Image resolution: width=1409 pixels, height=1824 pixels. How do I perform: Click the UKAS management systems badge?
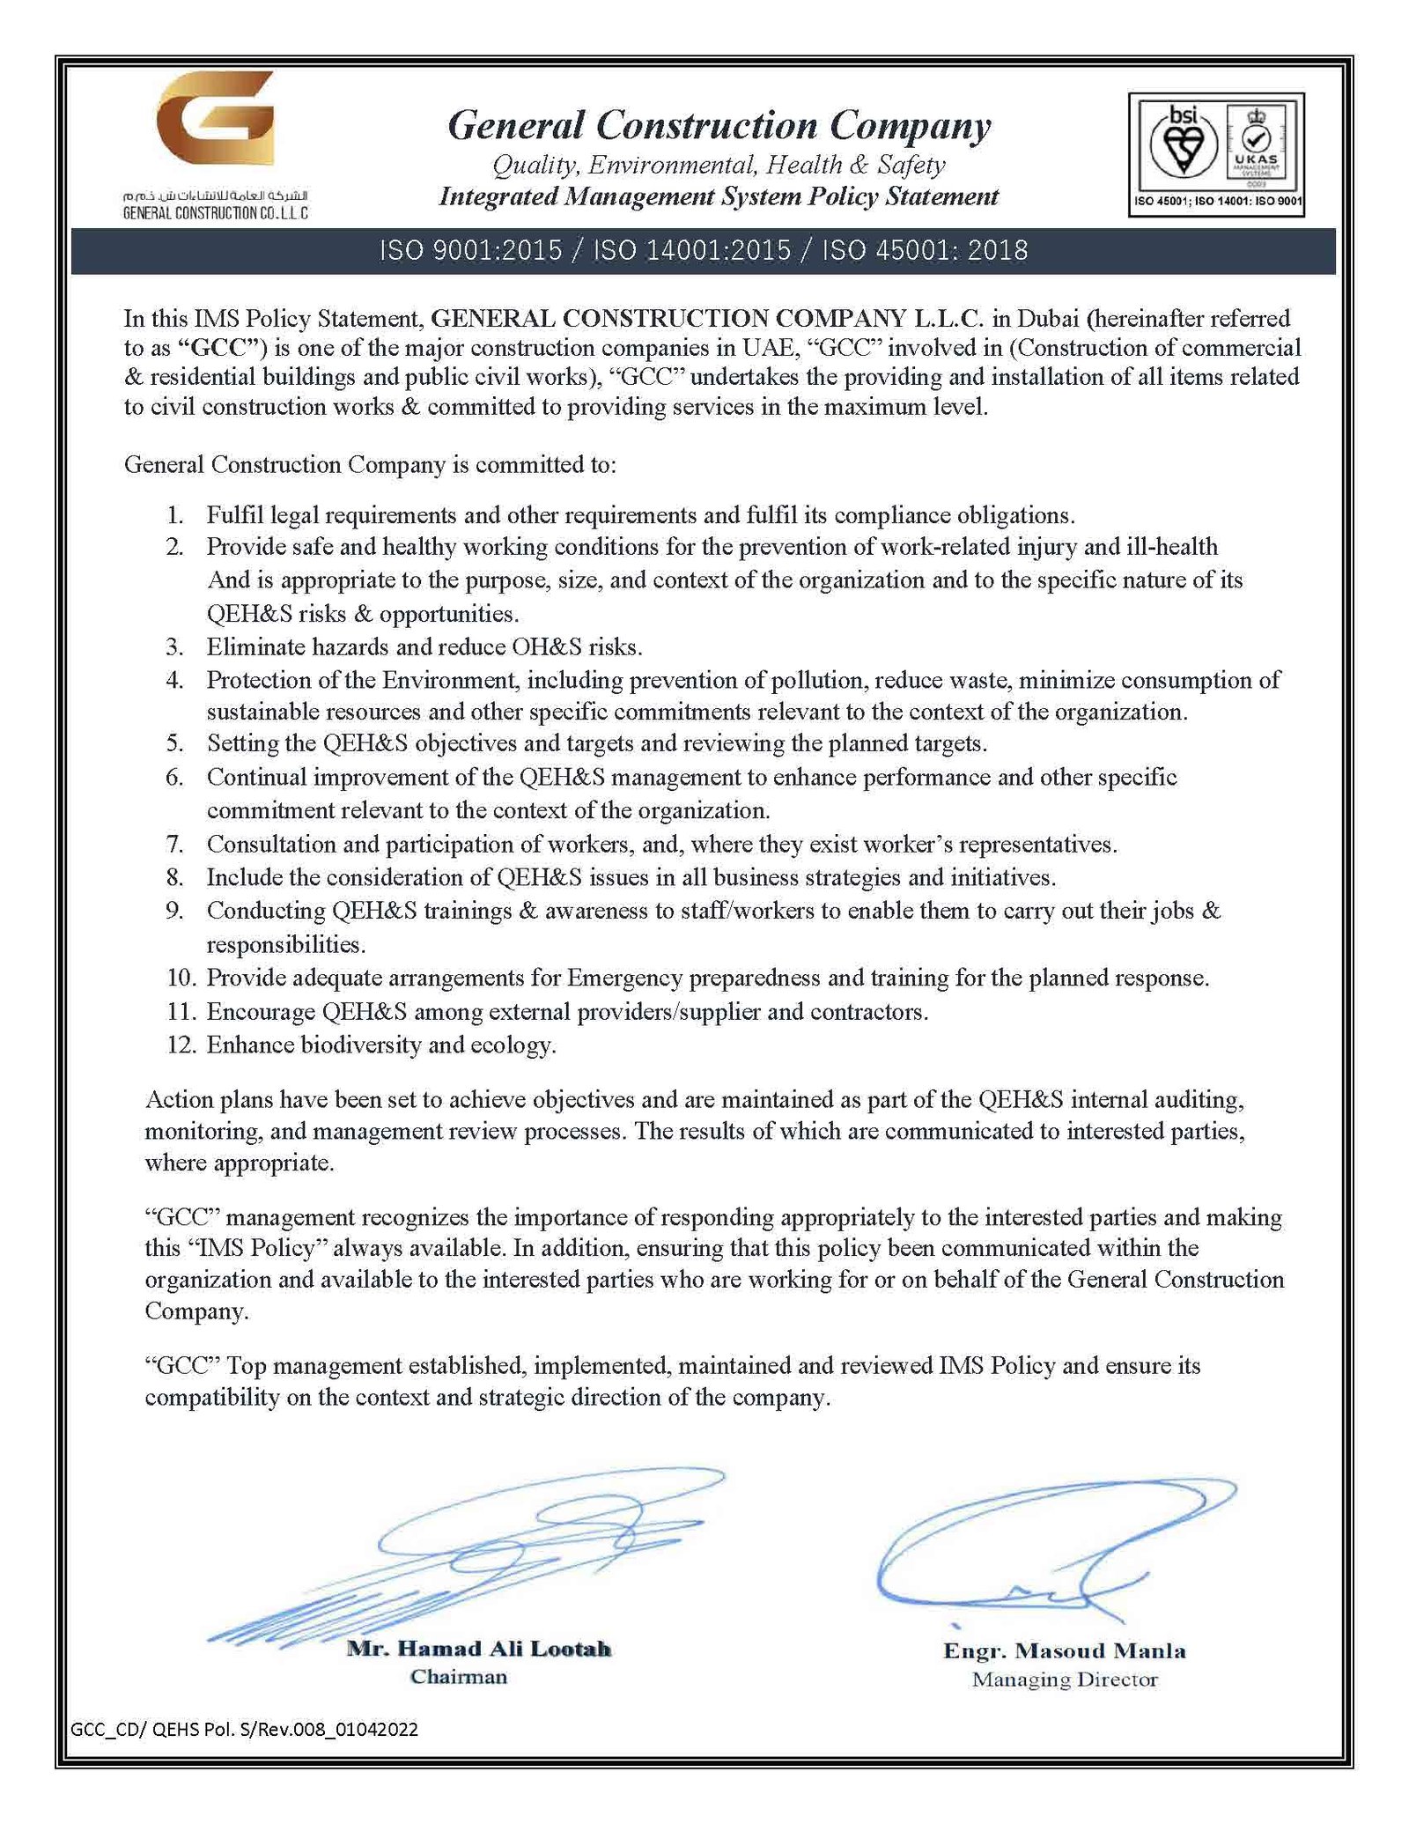(x=1255, y=144)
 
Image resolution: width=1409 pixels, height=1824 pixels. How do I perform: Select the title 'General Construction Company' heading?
(x=719, y=126)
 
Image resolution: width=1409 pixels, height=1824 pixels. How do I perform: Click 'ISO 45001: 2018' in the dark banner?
(x=925, y=251)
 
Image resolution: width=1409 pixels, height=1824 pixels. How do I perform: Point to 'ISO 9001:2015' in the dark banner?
(x=470, y=251)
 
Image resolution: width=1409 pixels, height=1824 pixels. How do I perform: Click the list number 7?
(x=175, y=844)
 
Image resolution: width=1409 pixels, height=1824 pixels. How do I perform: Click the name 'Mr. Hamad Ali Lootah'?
(x=478, y=1649)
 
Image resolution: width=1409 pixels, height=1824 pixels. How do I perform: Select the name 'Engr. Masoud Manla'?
(x=1064, y=1650)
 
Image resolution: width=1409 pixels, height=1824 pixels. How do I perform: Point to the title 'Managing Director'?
(x=1064, y=1680)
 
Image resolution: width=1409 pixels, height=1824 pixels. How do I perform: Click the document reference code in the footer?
(x=244, y=1730)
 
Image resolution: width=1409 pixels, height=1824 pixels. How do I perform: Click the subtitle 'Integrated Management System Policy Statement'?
(x=719, y=196)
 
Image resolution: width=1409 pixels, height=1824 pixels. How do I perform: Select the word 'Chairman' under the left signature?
(x=459, y=1677)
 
